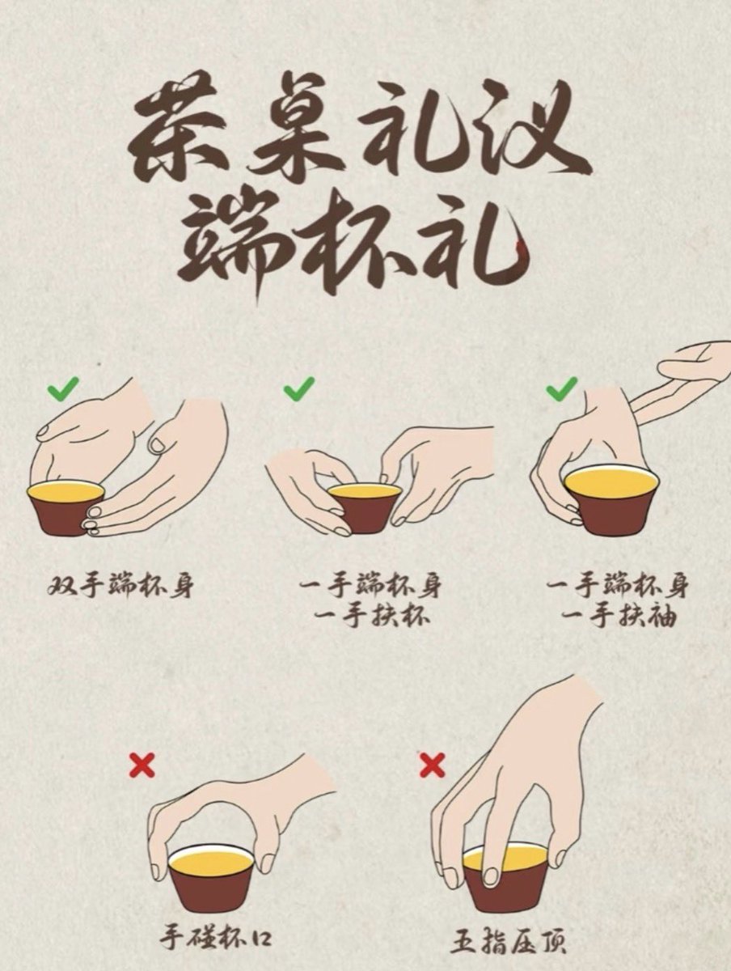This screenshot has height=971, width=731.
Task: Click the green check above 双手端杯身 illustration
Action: [x=64, y=389]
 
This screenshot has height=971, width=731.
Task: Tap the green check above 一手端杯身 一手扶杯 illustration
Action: [x=298, y=389]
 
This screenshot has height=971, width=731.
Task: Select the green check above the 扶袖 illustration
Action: [x=562, y=389]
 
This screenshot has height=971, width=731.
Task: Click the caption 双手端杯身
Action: [x=120, y=585]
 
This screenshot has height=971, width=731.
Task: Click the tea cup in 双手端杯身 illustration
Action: [x=66, y=509]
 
